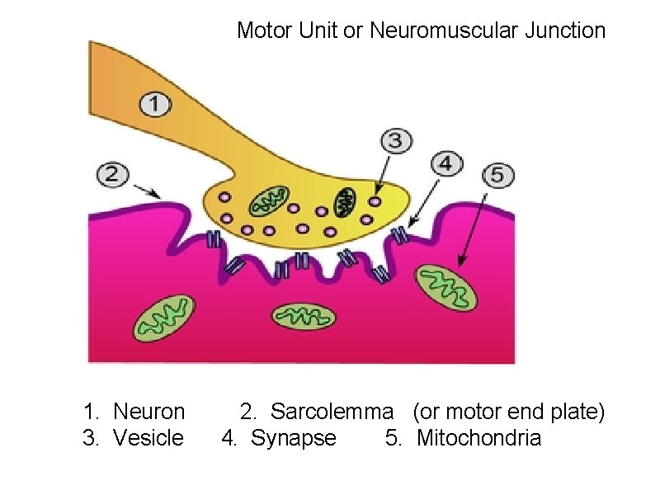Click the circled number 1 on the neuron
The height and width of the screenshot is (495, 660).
click(156, 105)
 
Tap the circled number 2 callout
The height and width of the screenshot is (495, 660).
click(113, 174)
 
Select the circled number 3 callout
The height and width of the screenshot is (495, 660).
click(396, 140)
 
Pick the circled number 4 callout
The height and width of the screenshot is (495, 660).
click(446, 163)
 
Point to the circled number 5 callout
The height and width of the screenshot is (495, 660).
click(497, 175)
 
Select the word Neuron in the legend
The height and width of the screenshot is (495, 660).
click(148, 411)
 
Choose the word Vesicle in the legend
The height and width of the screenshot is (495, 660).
click(148, 438)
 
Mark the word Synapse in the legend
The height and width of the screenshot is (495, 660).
click(294, 438)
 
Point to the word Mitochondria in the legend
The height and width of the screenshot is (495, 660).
click(478, 438)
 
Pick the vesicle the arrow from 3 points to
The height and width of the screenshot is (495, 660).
click(376, 200)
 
